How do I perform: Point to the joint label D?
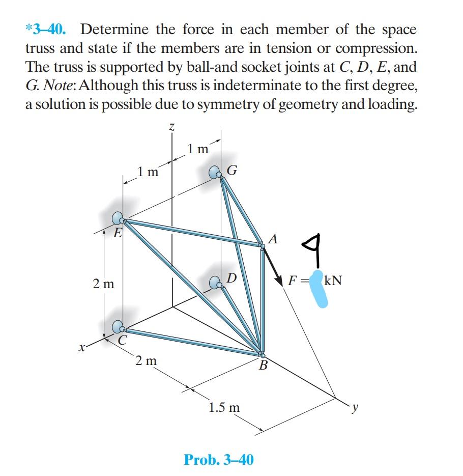(x=231, y=278)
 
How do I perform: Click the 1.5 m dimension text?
(x=224, y=407)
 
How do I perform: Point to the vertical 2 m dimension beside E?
(x=103, y=284)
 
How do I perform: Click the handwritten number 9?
(x=315, y=249)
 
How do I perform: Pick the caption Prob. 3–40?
(x=218, y=460)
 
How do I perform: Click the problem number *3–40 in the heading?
(x=45, y=30)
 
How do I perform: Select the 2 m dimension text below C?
(x=147, y=361)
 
